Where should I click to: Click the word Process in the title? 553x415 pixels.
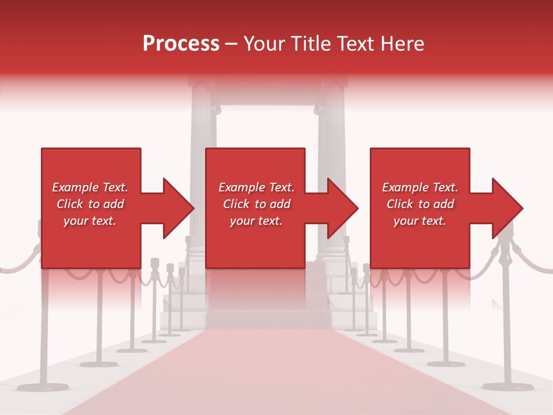click(x=181, y=44)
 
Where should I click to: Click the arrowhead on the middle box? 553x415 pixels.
click(x=342, y=208)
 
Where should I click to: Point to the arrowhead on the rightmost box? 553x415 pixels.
click(x=506, y=208)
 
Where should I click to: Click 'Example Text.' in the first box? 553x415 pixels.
click(x=90, y=187)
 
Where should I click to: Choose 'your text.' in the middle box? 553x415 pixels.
click(x=256, y=221)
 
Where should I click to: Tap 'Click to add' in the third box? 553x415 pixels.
click(x=420, y=204)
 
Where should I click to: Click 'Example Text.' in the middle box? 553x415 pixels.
click(x=256, y=187)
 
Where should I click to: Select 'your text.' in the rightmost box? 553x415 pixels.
click(x=420, y=221)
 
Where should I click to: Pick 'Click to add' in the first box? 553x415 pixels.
click(x=90, y=204)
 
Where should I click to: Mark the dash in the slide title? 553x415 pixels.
click(x=232, y=44)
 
